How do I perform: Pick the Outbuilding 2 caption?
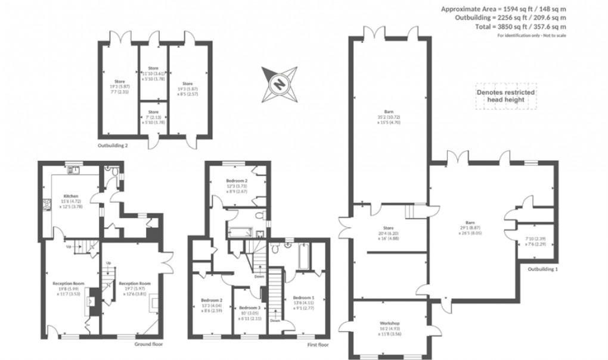point(113,145)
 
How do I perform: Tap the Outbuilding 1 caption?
point(543,269)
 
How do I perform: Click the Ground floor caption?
point(147,344)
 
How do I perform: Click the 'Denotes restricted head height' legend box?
point(505,96)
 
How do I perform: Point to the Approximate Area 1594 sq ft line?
point(504,9)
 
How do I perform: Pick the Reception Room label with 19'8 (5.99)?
point(69,284)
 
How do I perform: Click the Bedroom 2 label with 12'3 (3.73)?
point(237,181)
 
